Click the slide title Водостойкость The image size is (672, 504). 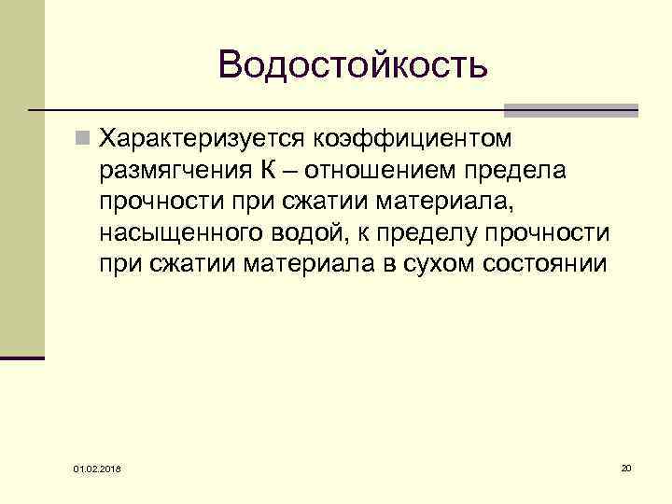click(x=353, y=64)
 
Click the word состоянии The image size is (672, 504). click(x=545, y=264)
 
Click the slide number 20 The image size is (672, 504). click(x=626, y=466)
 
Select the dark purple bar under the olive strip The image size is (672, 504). click(x=22, y=357)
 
